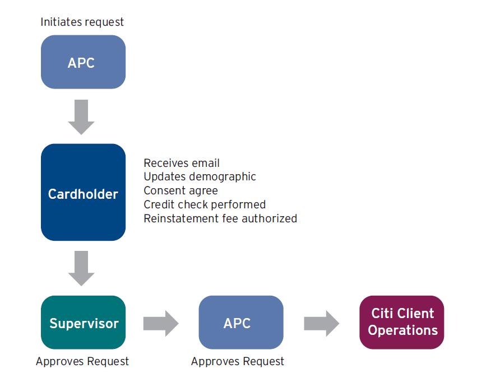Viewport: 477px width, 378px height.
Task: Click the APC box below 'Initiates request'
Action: click(x=83, y=62)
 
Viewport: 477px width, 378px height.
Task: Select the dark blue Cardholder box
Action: click(x=83, y=192)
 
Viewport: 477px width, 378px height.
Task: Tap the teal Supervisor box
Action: click(x=83, y=323)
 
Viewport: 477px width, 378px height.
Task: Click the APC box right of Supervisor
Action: click(x=241, y=323)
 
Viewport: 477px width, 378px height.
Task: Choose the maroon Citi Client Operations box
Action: click(x=401, y=323)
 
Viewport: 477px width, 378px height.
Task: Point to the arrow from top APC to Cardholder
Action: click(x=81, y=117)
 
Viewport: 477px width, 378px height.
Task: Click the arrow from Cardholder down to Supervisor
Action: click(x=81, y=268)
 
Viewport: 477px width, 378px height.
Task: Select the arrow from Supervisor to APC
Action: click(x=161, y=323)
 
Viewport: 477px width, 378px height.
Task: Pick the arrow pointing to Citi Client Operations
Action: click(x=322, y=323)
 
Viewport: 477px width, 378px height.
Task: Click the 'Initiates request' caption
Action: click(x=82, y=22)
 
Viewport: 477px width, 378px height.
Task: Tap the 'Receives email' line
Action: click(x=182, y=163)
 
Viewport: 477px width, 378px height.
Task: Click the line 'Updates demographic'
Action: click(x=200, y=177)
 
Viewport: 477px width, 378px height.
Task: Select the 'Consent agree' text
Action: click(x=180, y=191)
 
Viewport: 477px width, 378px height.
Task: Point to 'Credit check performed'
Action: click(x=205, y=204)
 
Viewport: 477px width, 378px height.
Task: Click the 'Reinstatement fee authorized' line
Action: click(x=220, y=218)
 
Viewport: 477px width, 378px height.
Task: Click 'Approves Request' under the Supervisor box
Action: click(x=82, y=361)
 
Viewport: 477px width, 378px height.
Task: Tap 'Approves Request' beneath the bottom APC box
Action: click(x=238, y=361)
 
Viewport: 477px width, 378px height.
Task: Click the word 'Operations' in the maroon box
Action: click(x=403, y=330)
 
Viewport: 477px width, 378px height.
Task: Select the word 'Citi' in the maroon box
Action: click(x=382, y=313)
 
